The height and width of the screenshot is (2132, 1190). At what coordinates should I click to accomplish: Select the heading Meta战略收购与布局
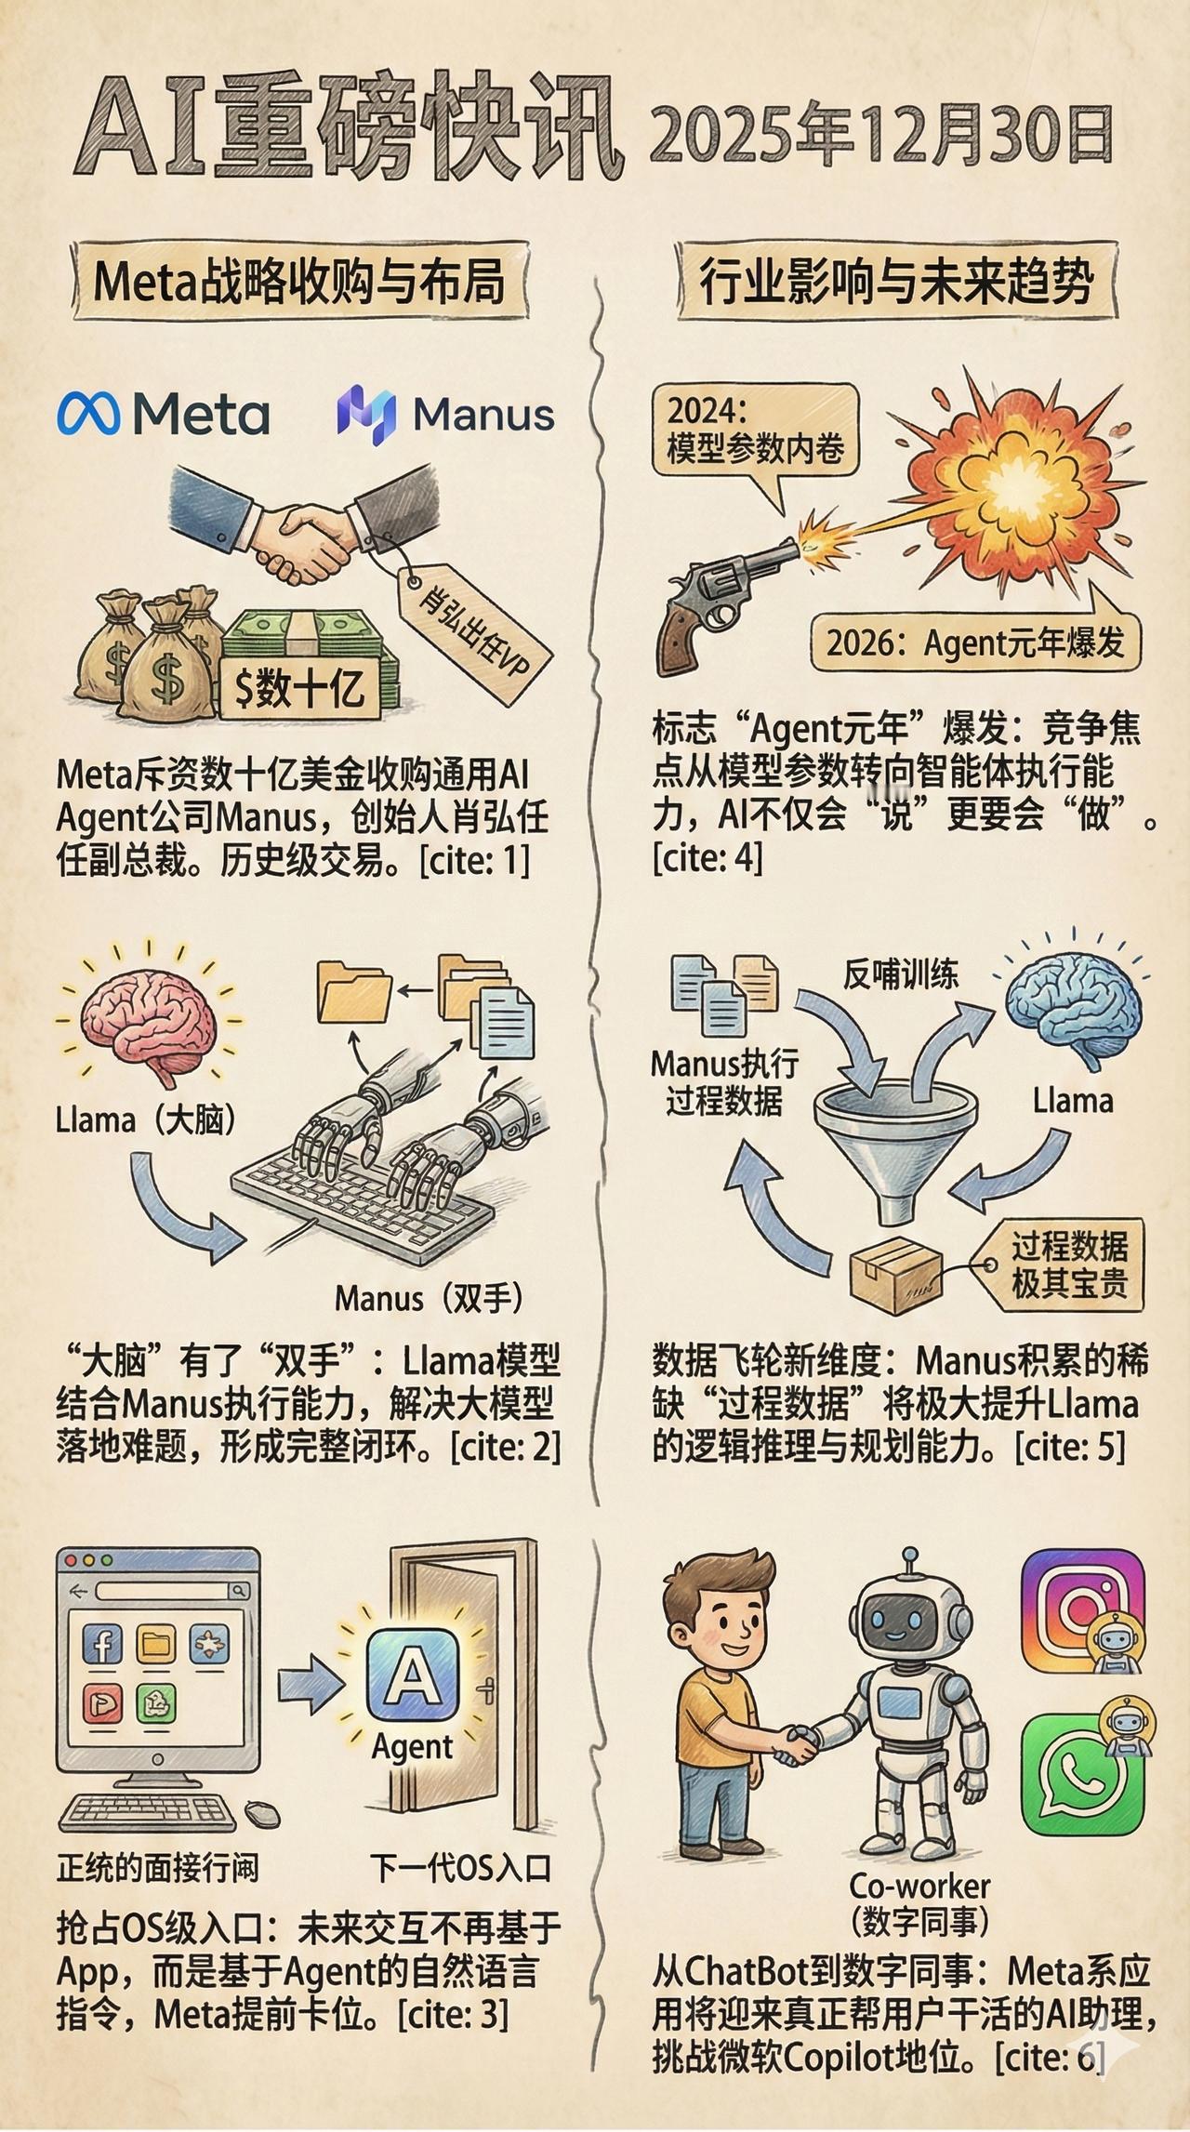(x=299, y=281)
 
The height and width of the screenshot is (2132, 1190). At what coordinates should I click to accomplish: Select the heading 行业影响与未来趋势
(x=895, y=281)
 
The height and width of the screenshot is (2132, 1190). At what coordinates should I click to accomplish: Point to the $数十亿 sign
(x=300, y=688)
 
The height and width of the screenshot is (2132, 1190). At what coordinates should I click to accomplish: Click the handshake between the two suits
(x=305, y=541)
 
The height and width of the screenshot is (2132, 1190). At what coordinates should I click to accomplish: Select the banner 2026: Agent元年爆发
(x=975, y=642)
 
